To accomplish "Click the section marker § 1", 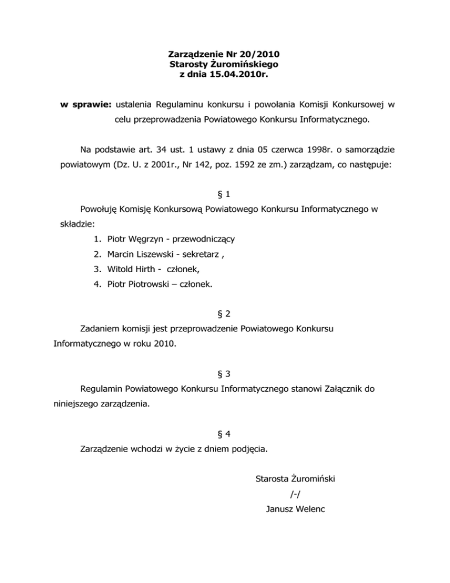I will pyautogui.click(x=225, y=194).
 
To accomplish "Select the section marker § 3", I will pyautogui.click(x=225, y=373).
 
